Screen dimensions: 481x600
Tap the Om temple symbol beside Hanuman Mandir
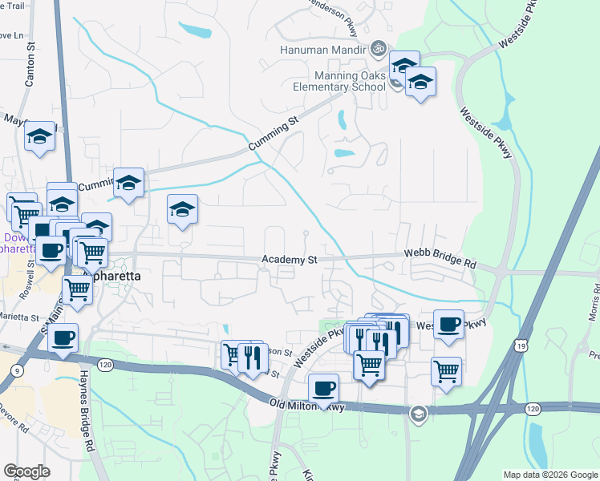[x=379, y=49]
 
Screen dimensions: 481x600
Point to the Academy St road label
[x=290, y=260]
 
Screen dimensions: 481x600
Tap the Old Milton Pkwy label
[x=306, y=406]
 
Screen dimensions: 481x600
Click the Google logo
[x=26, y=471]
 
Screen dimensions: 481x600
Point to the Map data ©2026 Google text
[x=550, y=475]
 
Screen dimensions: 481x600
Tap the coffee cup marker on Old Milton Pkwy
[x=323, y=389]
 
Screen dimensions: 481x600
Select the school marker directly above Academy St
[x=183, y=210]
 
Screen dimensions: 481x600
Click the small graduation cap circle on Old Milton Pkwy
[x=417, y=414]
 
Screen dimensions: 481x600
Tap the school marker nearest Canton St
[x=39, y=137]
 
